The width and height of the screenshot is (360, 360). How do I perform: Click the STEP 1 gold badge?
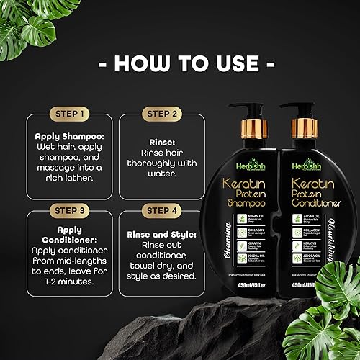(71, 113)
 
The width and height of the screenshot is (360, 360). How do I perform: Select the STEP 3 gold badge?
(71, 210)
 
